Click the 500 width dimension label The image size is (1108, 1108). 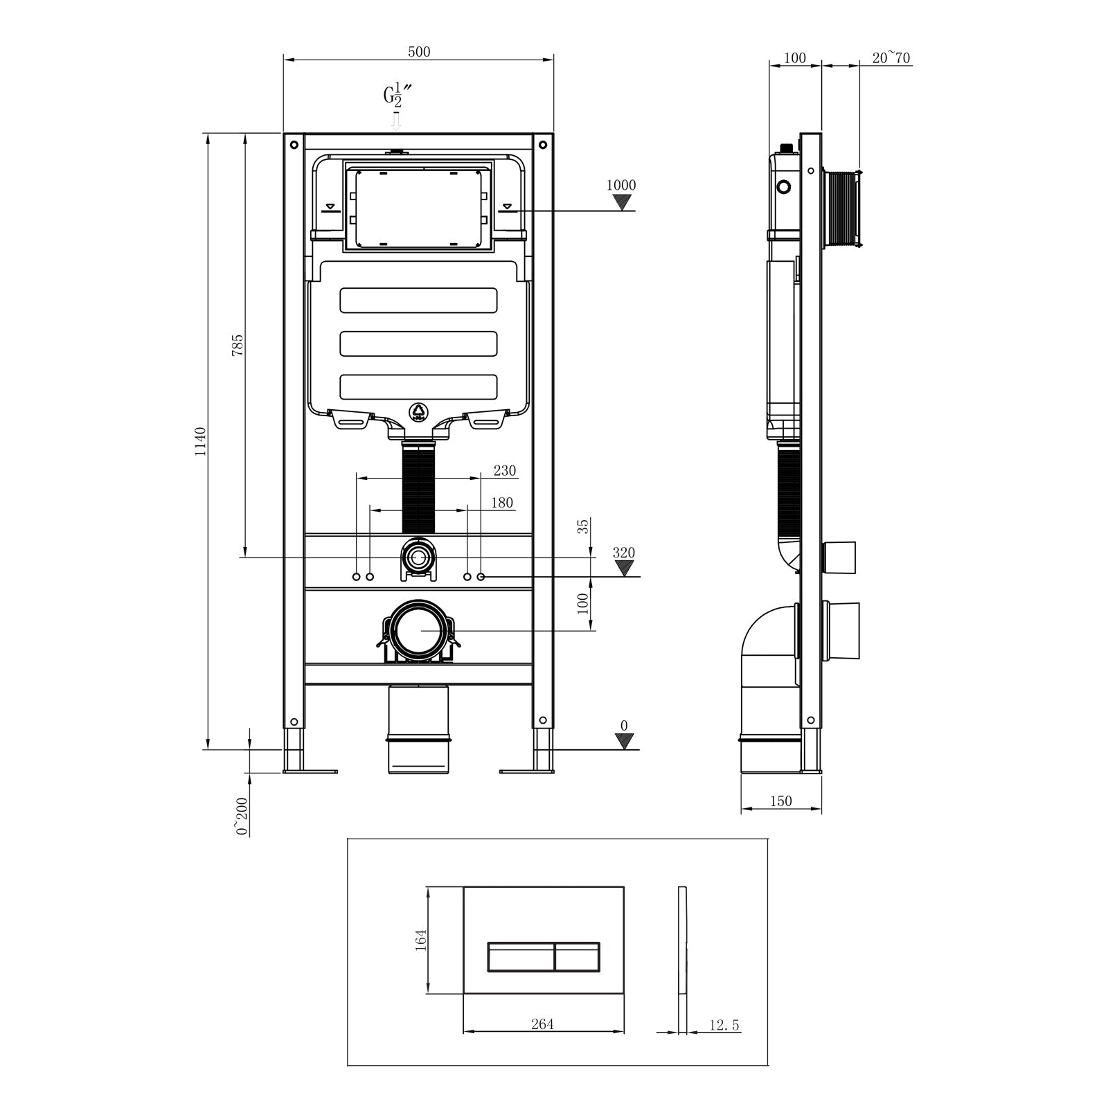(x=419, y=52)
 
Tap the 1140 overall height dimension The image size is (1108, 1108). (x=200, y=441)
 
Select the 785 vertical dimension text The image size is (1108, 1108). (x=237, y=344)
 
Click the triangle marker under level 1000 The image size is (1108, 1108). (x=624, y=202)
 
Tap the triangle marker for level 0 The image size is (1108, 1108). (x=625, y=741)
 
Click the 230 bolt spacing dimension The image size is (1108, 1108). (x=504, y=471)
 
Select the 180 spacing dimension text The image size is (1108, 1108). (x=502, y=503)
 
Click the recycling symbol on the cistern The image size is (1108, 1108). (x=418, y=413)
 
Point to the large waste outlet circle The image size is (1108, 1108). (x=418, y=629)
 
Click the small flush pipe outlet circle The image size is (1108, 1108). (x=418, y=557)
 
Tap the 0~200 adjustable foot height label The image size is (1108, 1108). (x=242, y=817)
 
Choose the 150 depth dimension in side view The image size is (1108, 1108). (x=780, y=801)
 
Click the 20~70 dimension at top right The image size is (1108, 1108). (x=891, y=57)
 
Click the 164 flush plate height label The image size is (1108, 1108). (x=420, y=940)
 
